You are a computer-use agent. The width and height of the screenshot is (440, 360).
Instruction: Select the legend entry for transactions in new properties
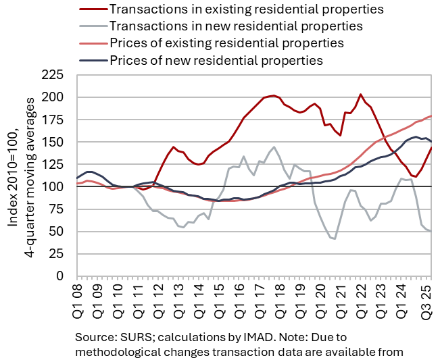[235, 26]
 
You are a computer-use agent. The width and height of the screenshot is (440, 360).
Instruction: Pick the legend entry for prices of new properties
[216, 60]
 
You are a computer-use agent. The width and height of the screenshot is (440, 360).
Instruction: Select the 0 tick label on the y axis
[65, 276]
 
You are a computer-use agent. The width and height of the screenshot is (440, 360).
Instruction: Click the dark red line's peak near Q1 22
[360, 95]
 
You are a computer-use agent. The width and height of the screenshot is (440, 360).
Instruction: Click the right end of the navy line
[431, 141]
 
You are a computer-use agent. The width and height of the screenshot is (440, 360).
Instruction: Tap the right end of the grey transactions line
[431, 231]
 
